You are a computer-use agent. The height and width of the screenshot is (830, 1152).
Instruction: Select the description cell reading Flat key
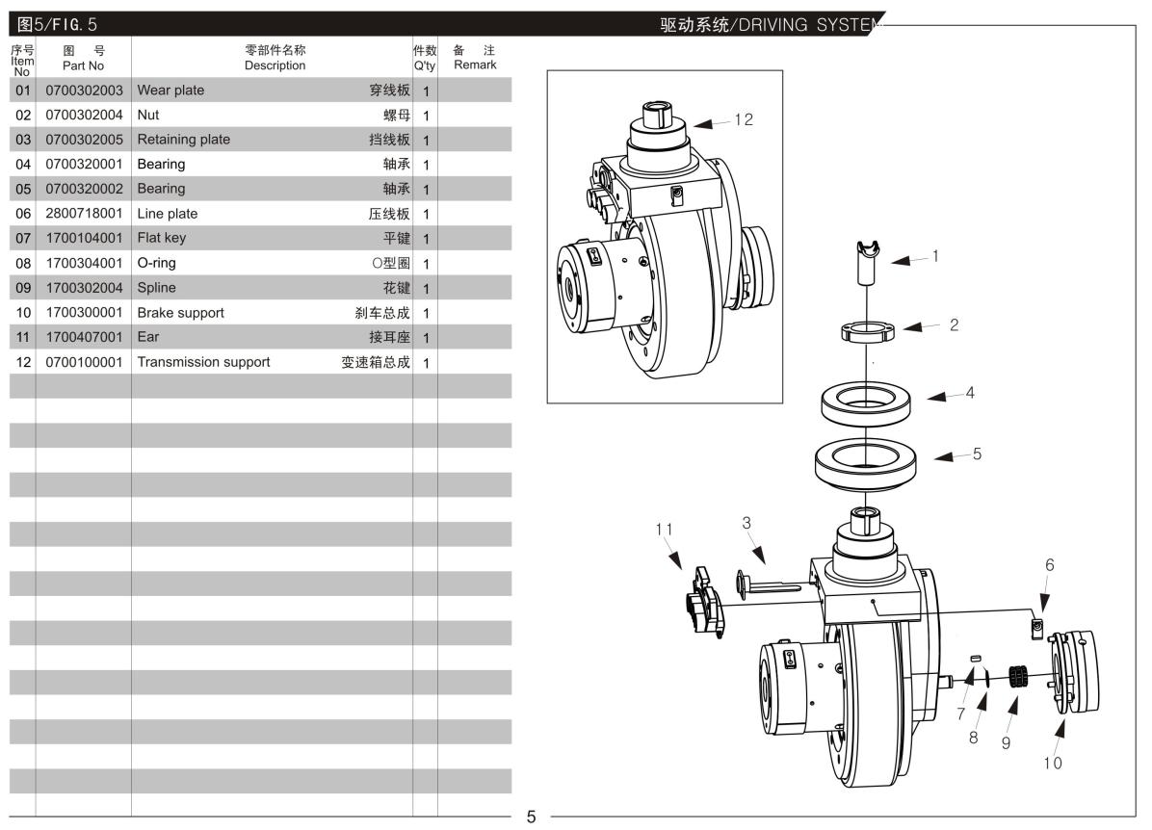point(162,238)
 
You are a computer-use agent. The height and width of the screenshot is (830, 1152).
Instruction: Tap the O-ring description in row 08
point(157,263)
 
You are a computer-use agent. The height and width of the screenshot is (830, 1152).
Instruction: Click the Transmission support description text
point(203,362)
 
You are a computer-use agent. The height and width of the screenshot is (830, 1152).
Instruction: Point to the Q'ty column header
point(425,58)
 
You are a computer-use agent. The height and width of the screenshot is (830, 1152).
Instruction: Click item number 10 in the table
point(23,313)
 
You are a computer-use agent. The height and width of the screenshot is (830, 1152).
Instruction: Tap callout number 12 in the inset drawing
point(743,120)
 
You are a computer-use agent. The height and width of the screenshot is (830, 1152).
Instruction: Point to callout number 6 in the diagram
point(1049,566)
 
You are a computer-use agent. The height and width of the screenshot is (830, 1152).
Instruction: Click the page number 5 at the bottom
point(530,817)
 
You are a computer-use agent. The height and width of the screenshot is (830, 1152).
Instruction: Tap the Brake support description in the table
point(180,313)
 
